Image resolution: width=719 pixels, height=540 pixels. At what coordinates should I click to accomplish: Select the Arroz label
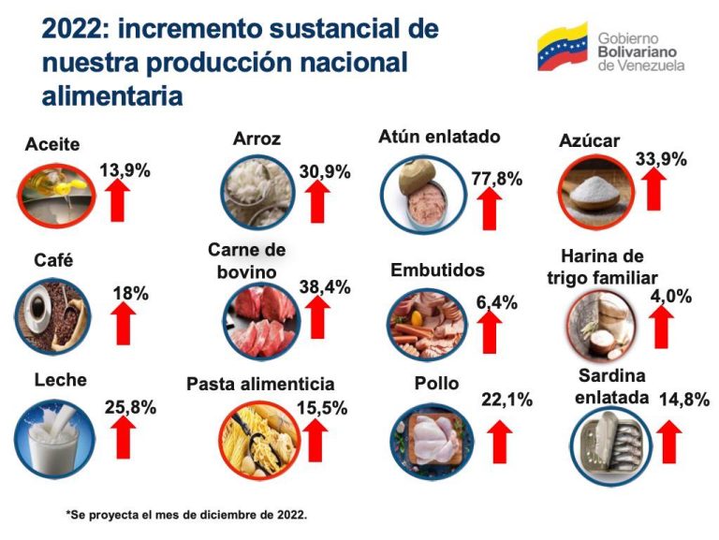coord(257,139)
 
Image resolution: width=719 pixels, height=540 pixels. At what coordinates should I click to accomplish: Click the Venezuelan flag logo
coord(562,48)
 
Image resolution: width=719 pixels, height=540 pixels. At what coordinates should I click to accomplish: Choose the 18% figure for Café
coord(130,293)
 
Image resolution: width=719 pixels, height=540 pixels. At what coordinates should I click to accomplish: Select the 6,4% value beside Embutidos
coord(496,302)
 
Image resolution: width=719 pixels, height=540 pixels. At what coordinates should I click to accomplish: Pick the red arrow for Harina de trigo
coord(662,326)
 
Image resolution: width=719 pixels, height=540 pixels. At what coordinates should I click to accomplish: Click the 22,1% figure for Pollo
coord(506,400)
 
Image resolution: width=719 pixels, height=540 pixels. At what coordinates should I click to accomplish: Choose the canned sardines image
coord(609,441)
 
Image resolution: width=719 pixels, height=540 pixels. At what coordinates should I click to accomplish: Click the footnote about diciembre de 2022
coord(185,514)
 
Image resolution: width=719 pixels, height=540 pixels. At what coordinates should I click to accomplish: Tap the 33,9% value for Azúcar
coord(661,158)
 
